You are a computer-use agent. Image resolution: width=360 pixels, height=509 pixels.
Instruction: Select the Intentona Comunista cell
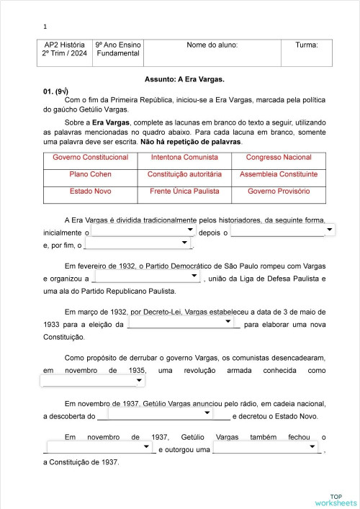[184, 157]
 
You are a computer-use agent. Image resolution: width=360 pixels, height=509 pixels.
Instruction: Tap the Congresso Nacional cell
[279, 157]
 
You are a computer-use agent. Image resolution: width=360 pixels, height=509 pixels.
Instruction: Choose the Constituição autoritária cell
[184, 174]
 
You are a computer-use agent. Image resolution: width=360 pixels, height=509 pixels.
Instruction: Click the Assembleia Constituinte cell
[279, 174]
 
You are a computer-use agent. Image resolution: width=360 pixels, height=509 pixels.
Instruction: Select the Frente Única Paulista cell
[184, 192]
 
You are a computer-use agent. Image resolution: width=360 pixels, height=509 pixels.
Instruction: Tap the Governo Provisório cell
[279, 192]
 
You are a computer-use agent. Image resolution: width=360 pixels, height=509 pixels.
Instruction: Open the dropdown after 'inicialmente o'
[144, 230]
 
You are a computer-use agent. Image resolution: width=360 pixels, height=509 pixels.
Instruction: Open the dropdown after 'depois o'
[282, 230]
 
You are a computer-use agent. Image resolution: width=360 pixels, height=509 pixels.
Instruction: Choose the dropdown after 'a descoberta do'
[159, 414]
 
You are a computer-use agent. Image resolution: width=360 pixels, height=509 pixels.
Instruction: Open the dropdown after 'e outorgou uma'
[268, 448]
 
